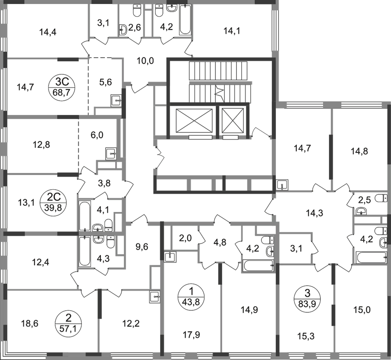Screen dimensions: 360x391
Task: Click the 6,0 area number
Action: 97,135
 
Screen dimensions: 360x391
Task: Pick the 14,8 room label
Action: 359,151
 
